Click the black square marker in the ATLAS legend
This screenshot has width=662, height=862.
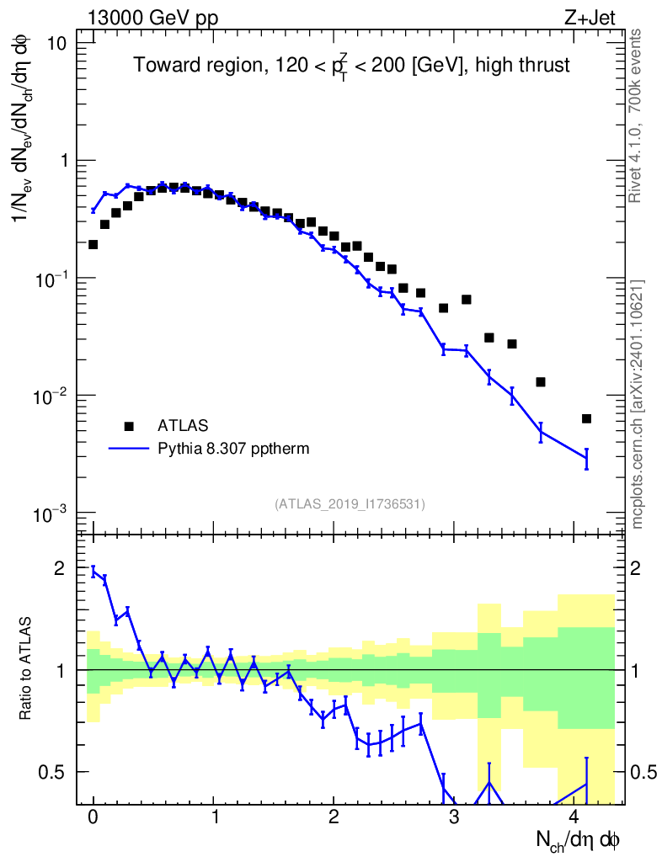(x=129, y=426)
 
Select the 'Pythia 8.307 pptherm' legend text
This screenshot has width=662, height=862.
(x=233, y=449)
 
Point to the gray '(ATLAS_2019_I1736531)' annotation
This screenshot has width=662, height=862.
(x=350, y=504)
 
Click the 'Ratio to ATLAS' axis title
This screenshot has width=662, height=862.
(x=27, y=668)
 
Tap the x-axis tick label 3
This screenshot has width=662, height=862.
(x=453, y=818)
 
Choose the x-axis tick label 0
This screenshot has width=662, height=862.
(x=93, y=818)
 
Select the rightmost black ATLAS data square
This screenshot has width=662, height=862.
(x=586, y=418)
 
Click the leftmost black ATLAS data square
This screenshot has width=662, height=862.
(x=93, y=244)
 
